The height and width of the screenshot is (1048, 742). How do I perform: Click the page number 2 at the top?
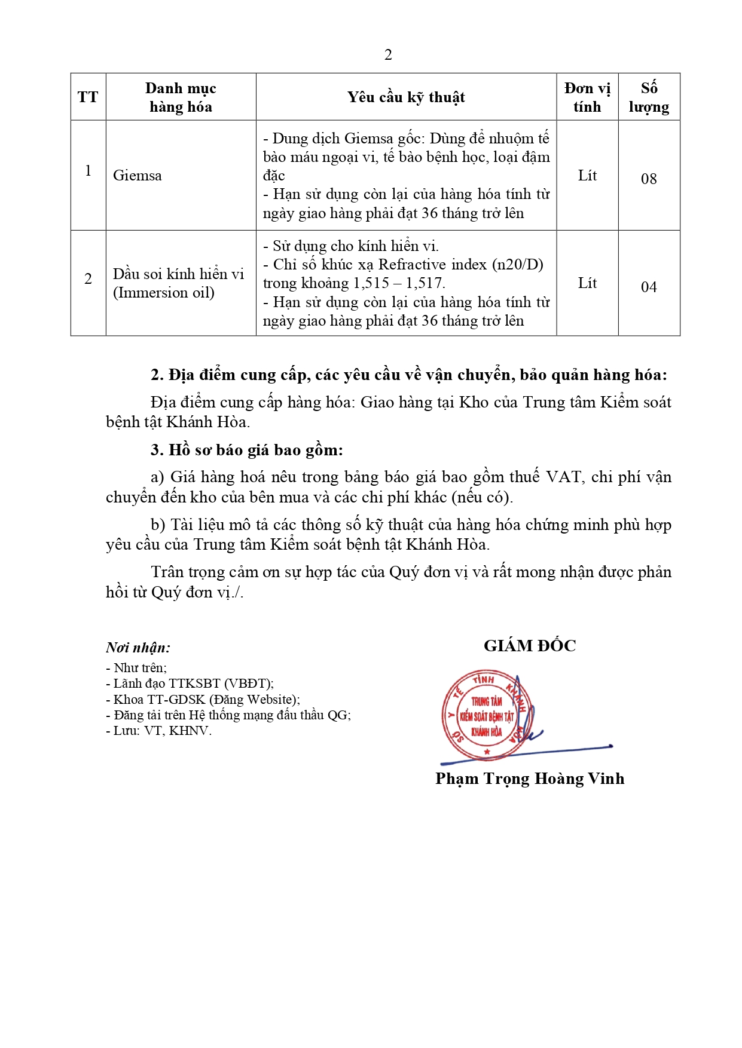click(388, 55)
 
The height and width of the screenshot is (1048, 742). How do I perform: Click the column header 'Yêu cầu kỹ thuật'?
click(406, 97)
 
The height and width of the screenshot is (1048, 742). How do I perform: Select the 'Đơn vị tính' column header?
click(587, 97)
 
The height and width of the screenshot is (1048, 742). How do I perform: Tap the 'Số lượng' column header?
click(649, 97)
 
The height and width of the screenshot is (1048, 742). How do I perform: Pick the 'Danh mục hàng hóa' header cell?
click(181, 97)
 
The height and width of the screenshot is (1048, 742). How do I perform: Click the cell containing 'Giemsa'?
click(138, 176)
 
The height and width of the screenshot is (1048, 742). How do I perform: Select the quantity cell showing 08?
click(649, 179)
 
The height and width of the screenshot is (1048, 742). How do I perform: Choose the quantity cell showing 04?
click(649, 287)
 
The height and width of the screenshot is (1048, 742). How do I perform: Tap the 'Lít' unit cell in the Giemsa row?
click(587, 175)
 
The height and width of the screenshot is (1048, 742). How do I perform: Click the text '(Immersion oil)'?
click(164, 293)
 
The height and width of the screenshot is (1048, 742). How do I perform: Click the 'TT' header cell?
click(88, 97)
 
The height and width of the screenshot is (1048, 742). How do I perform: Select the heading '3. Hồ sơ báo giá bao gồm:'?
click(247, 450)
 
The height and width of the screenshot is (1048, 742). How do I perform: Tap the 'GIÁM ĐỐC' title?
click(530, 646)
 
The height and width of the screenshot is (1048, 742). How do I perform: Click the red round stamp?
click(487, 715)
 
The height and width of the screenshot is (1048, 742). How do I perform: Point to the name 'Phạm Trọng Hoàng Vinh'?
click(530, 779)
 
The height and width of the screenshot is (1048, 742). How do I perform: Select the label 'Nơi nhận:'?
click(138, 648)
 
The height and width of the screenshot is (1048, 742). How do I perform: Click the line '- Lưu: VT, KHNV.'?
click(159, 731)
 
